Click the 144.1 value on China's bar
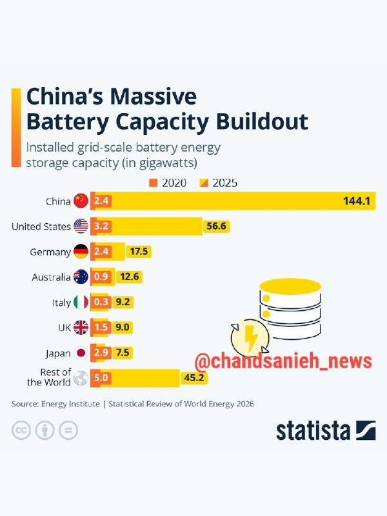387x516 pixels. [x=357, y=201]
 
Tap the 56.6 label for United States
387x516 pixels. [x=216, y=226]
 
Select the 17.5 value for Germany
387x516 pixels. [x=139, y=252]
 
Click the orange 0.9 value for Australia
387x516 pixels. [x=101, y=277]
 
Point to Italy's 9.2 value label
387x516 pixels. [x=123, y=302]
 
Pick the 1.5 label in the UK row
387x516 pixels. [x=101, y=327]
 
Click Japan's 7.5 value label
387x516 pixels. [x=123, y=352]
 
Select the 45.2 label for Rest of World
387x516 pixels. [x=194, y=377]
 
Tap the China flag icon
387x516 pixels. [x=81, y=201]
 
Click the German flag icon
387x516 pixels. [x=81, y=252]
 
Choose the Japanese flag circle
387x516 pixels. [x=81, y=353]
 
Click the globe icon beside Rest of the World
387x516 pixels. [x=81, y=378]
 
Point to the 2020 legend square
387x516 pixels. [x=154, y=183]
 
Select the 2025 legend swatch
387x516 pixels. [x=204, y=183]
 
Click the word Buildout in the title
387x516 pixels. [x=262, y=121]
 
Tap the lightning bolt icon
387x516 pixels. [x=252, y=338]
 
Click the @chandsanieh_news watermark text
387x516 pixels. [x=283, y=361]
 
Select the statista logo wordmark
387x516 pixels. [x=313, y=430]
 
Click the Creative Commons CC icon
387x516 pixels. [x=21, y=430]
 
